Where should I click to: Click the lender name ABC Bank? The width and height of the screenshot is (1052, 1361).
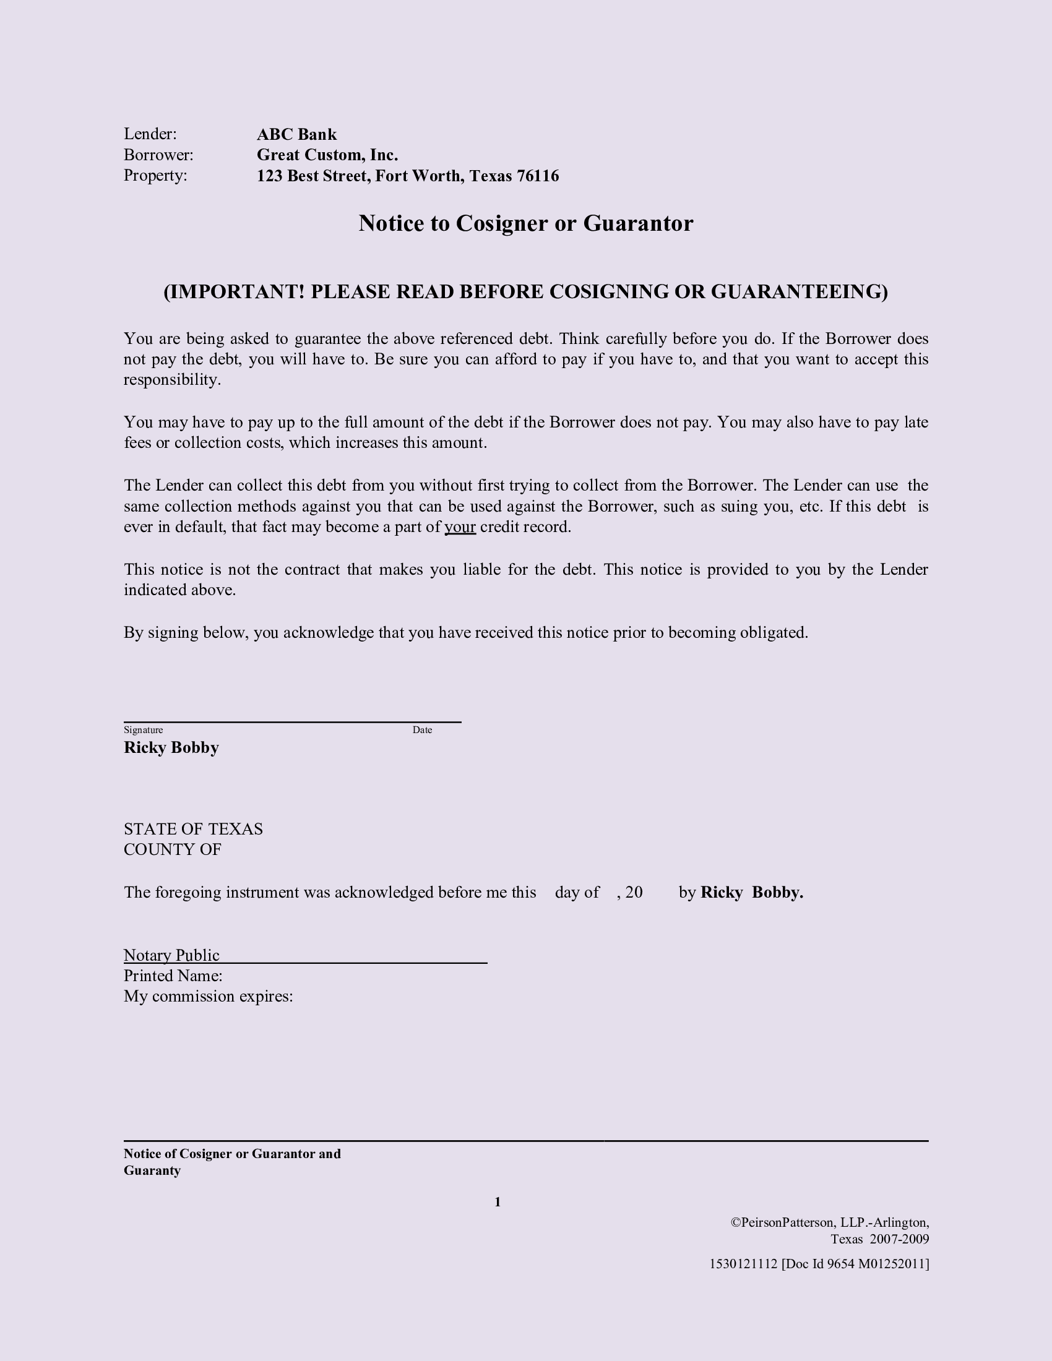[296, 135]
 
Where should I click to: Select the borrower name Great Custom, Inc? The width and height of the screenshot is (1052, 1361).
[327, 155]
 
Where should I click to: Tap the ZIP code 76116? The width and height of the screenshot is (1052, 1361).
[538, 176]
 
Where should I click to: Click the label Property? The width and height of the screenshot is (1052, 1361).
[155, 176]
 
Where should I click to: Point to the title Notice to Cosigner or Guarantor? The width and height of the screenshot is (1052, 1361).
[525, 224]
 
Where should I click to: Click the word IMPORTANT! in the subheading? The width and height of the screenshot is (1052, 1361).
[235, 291]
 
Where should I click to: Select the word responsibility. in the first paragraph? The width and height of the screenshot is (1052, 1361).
[172, 380]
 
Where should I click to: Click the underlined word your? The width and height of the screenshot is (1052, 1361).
[460, 527]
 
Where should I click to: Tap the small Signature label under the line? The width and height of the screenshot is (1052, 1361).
[144, 730]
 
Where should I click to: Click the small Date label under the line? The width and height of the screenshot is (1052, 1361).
[422, 730]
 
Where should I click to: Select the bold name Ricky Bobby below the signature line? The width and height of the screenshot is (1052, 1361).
[171, 748]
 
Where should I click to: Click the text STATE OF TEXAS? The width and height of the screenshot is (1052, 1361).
[193, 830]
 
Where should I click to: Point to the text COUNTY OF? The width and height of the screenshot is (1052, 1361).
[173, 850]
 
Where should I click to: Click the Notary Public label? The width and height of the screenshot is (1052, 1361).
[171, 955]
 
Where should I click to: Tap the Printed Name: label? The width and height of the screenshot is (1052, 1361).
[173, 976]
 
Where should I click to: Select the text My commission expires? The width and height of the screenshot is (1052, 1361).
[208, 997]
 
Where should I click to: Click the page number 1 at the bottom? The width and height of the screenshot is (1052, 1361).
[498, 1202]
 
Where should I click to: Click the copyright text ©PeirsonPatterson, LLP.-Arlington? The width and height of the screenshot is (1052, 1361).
[829, 1222]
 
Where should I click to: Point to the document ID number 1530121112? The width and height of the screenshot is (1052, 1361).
[743, 1264]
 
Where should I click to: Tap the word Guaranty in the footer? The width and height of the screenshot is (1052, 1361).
[152, 1170]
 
